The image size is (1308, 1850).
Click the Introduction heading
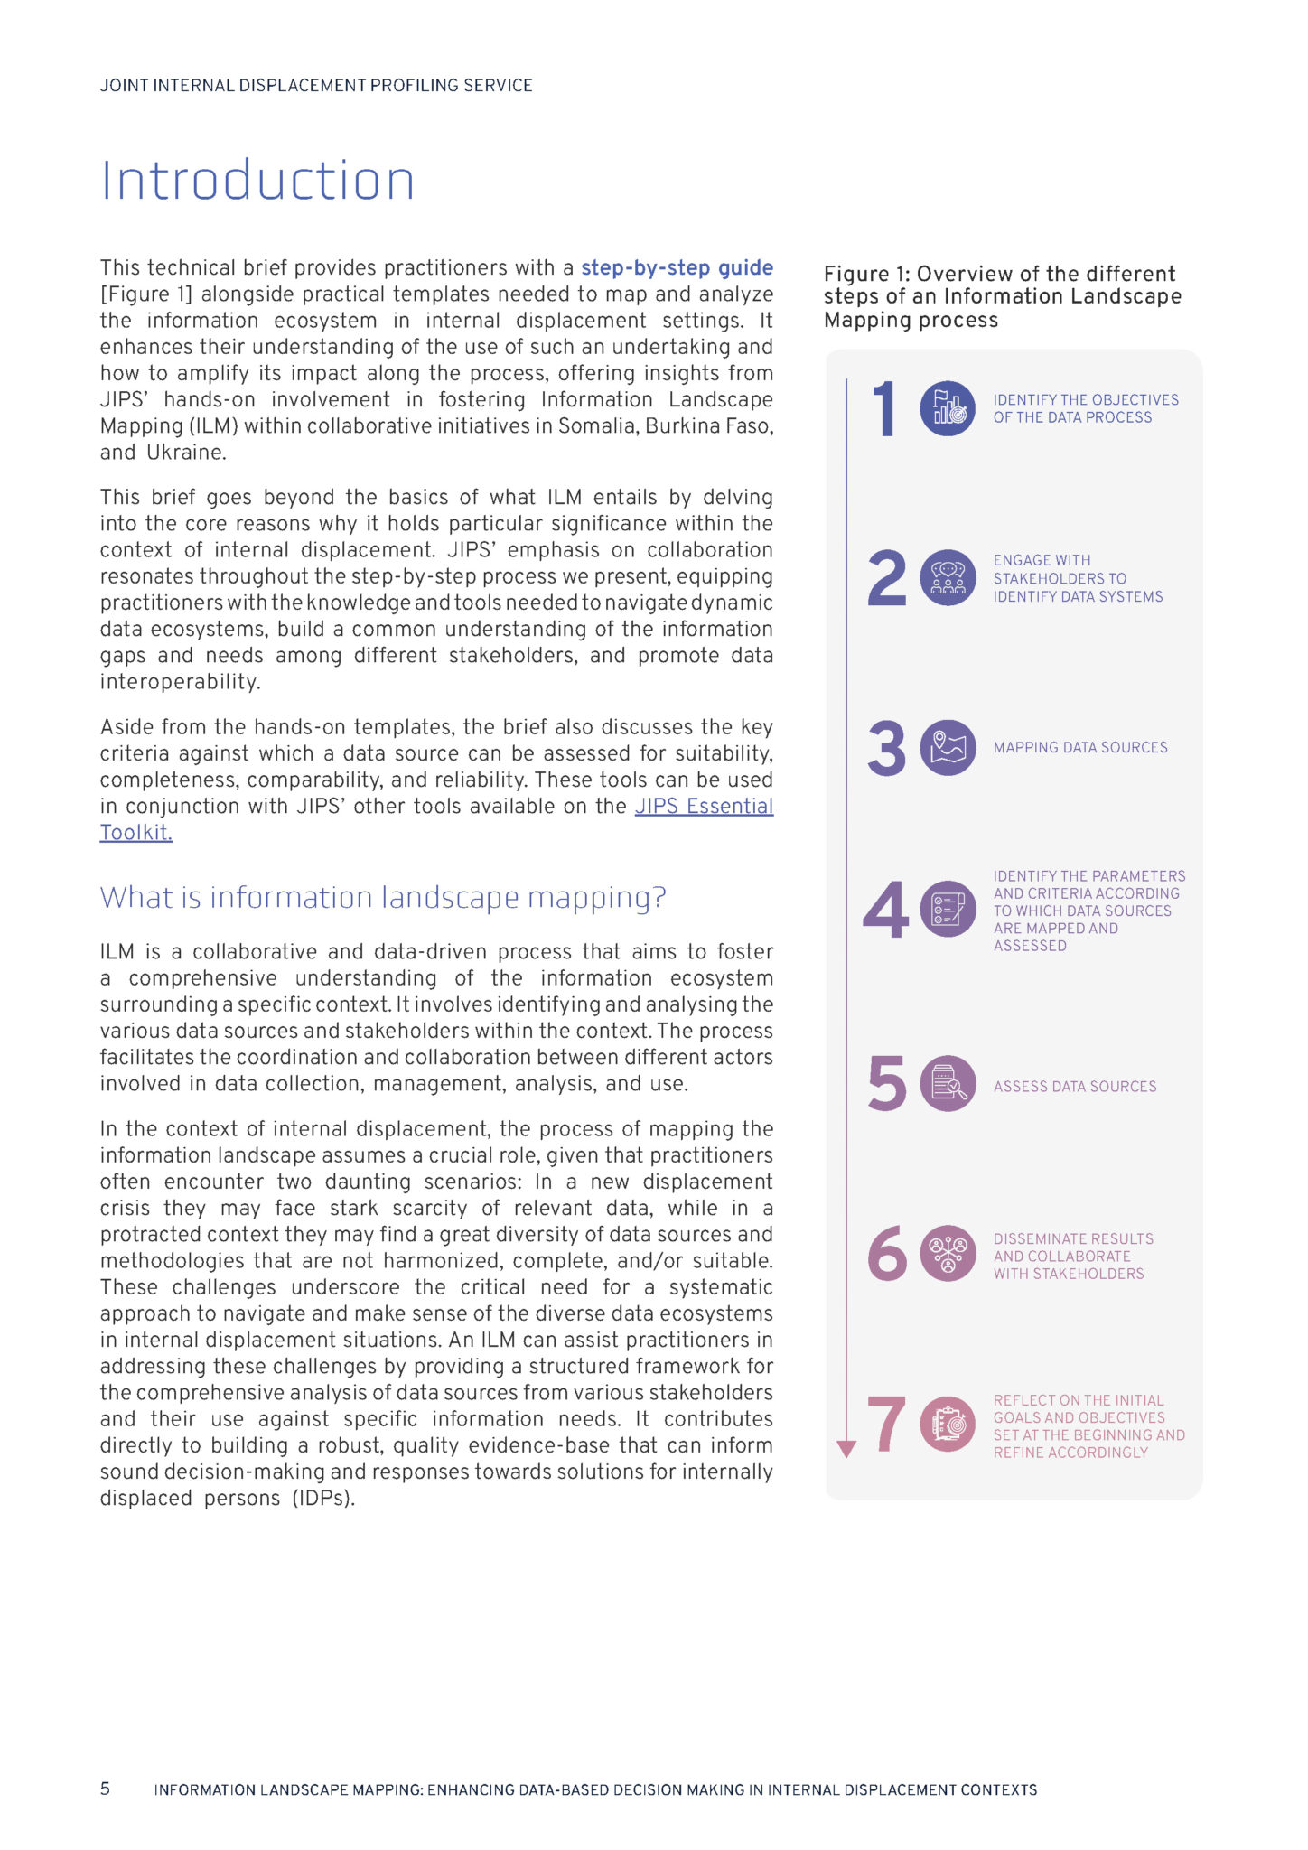[x=257, y=181]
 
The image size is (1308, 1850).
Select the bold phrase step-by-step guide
[x=677, y=268]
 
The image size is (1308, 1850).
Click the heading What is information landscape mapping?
[x=383, y=898]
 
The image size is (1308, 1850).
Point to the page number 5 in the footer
[x=105, y=1789]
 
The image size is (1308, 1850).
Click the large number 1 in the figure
[x=885, y=409]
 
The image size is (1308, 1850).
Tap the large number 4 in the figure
[x=885, y=910]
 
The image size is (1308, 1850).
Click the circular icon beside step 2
[x=948, y=577]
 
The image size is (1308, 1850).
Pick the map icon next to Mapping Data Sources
[x=948, y=748]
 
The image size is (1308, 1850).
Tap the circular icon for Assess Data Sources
[x=948, y=1084]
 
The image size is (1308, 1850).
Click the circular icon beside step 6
[x=948, y=1254]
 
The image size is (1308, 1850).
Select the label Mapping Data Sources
[x=1080, y=748]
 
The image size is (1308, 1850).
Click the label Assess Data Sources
[x=1075, y=1087]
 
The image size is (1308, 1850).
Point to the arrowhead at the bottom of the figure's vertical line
[x=846, y=1449]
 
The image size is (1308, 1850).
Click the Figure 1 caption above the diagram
[x=1002, y=297]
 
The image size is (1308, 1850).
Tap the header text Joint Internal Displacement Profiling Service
[x=316, y=86]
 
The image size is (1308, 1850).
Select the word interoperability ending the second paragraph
[x=180, y=682]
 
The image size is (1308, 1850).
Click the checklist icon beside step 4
[x=948, y=909]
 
